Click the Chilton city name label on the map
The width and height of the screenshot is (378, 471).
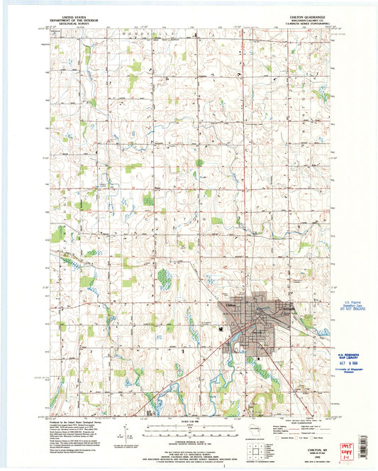click(230, 305)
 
